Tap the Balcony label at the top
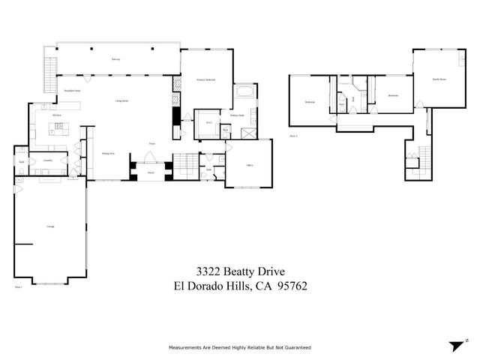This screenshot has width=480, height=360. tap(116, 58)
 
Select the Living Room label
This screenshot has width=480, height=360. tap(120, 100)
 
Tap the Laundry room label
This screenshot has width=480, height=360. tap(47, 160)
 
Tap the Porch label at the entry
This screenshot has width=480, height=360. tap(149, 172)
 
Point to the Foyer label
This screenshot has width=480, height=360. tap(151, 143)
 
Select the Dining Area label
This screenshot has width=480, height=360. tap(107, 153)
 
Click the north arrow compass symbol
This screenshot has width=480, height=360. tap(456, 346)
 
